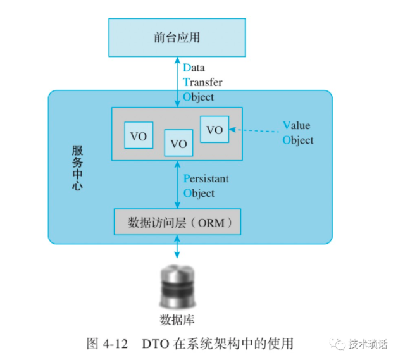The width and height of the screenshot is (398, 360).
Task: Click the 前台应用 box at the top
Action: click(177, 37)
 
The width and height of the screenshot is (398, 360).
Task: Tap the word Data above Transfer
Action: click(194, 68)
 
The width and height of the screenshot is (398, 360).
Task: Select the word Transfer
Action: click(202, 82)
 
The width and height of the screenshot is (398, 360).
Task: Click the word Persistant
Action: click(206, 178)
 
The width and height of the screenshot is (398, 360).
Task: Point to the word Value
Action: click(296, 125)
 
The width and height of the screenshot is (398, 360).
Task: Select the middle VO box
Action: click(179, 143)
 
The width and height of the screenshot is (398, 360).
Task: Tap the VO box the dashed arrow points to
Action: click(215, 129)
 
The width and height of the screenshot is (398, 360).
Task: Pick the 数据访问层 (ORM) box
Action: click(177, 222)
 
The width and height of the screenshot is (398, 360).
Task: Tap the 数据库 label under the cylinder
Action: click(177, 317)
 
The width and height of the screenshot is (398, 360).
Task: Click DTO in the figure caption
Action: click(156, 344)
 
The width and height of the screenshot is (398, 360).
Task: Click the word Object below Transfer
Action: click(199, 97)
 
